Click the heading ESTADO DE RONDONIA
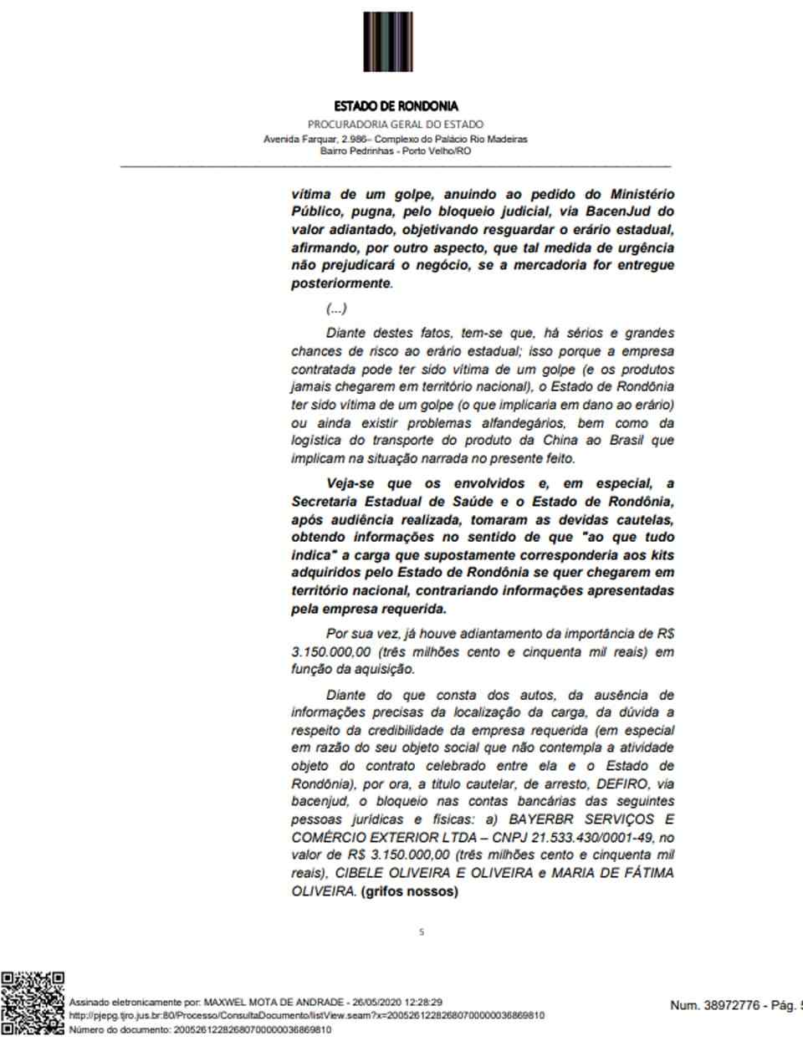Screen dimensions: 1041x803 (x=396, y=106)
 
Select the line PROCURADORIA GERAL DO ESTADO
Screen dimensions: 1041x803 (x=395, y=125)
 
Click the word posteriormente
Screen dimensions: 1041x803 (x=340, y=283)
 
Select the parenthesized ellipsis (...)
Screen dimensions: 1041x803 (x=336, y=309)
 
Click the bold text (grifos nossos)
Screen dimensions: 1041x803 (x=409, y=891)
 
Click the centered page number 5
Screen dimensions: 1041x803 (x=422, y=931)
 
